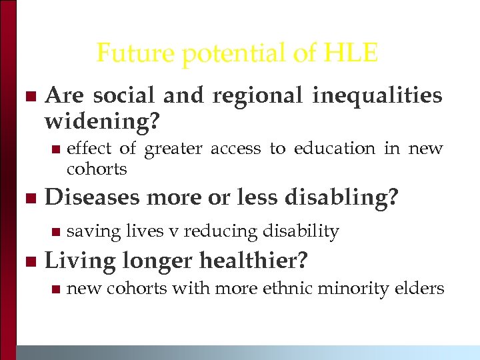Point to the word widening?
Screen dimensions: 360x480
pyautogui.click(x=103, y=122)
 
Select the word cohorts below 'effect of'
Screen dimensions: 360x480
pyautogui.click(x=97, y=169)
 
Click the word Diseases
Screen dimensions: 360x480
pyautogui.click(x=91, y=198)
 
